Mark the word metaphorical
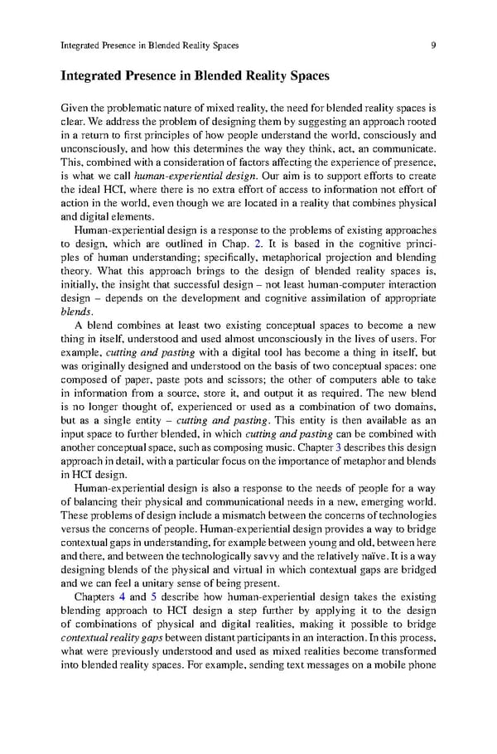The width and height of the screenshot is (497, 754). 264,259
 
